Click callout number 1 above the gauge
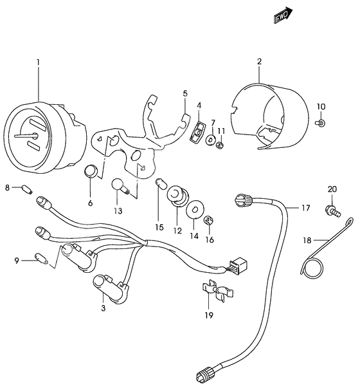[x=38, y=62]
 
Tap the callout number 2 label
[x=259, y=62]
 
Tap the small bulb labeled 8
[x=27, y=189]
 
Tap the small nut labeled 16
[x=208, y=221]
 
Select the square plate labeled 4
[x=199, y=133]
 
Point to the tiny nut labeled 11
[x=220, y=145]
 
